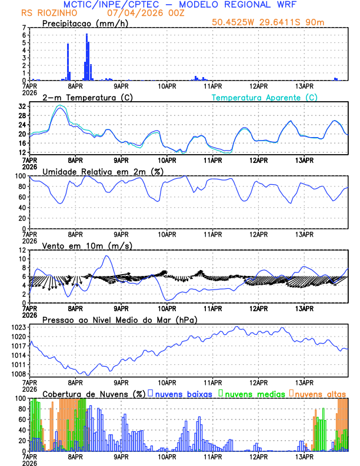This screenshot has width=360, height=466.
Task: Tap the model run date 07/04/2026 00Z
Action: coord(146,13)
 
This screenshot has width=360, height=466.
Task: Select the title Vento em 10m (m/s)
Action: coord(79,245)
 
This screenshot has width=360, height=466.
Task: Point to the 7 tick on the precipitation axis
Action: coord(25,28)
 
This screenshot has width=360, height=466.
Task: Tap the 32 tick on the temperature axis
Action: coord(22,106)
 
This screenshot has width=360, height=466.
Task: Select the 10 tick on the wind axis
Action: coord(22,259)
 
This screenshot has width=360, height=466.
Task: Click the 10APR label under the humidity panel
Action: coord(168,234)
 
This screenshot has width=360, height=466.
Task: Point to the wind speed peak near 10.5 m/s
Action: coord(106,256)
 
